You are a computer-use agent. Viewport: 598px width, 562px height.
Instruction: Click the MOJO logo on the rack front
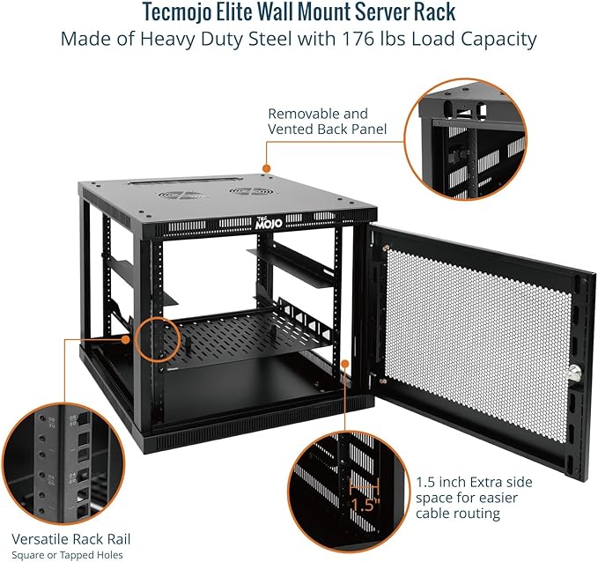pos(267,225)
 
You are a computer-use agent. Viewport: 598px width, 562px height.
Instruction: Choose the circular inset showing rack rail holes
pos(63,461)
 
